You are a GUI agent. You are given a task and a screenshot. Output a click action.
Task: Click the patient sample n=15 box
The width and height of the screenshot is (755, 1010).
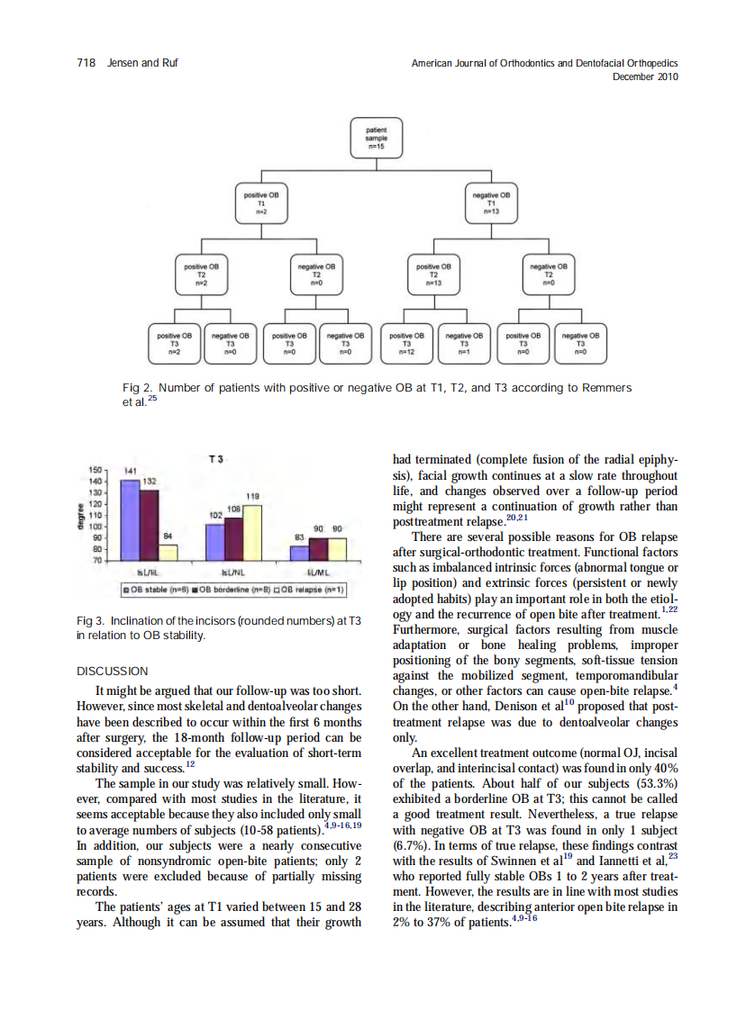tap(377, 137)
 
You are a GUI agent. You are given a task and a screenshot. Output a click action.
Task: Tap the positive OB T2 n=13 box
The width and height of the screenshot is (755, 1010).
tap(433, 273)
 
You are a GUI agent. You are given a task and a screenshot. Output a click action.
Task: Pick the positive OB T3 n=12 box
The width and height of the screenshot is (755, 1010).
tap(406, 342)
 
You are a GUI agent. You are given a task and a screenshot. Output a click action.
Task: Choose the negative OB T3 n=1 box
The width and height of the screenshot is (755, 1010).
tap(464, 342)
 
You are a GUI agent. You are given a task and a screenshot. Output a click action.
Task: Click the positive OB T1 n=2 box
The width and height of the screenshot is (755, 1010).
tap(260, 202)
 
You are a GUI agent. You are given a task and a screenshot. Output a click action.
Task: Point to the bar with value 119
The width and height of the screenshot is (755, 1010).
tap(252, 532)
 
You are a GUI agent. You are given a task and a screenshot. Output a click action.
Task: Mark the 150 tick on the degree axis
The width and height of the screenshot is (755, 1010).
tap(96, 471)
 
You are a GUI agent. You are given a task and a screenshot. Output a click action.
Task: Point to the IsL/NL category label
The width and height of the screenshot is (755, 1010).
tap(234, 571)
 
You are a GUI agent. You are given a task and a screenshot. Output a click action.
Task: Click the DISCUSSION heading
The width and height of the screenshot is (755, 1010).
tap(112, 671)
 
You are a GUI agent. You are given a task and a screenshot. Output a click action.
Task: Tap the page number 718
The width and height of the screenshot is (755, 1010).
tap(86, 63)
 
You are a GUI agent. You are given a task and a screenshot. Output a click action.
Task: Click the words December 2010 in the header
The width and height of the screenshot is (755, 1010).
tap(644, 77)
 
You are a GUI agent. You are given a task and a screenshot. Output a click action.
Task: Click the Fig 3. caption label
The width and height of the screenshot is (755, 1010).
tap(90, 621)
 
